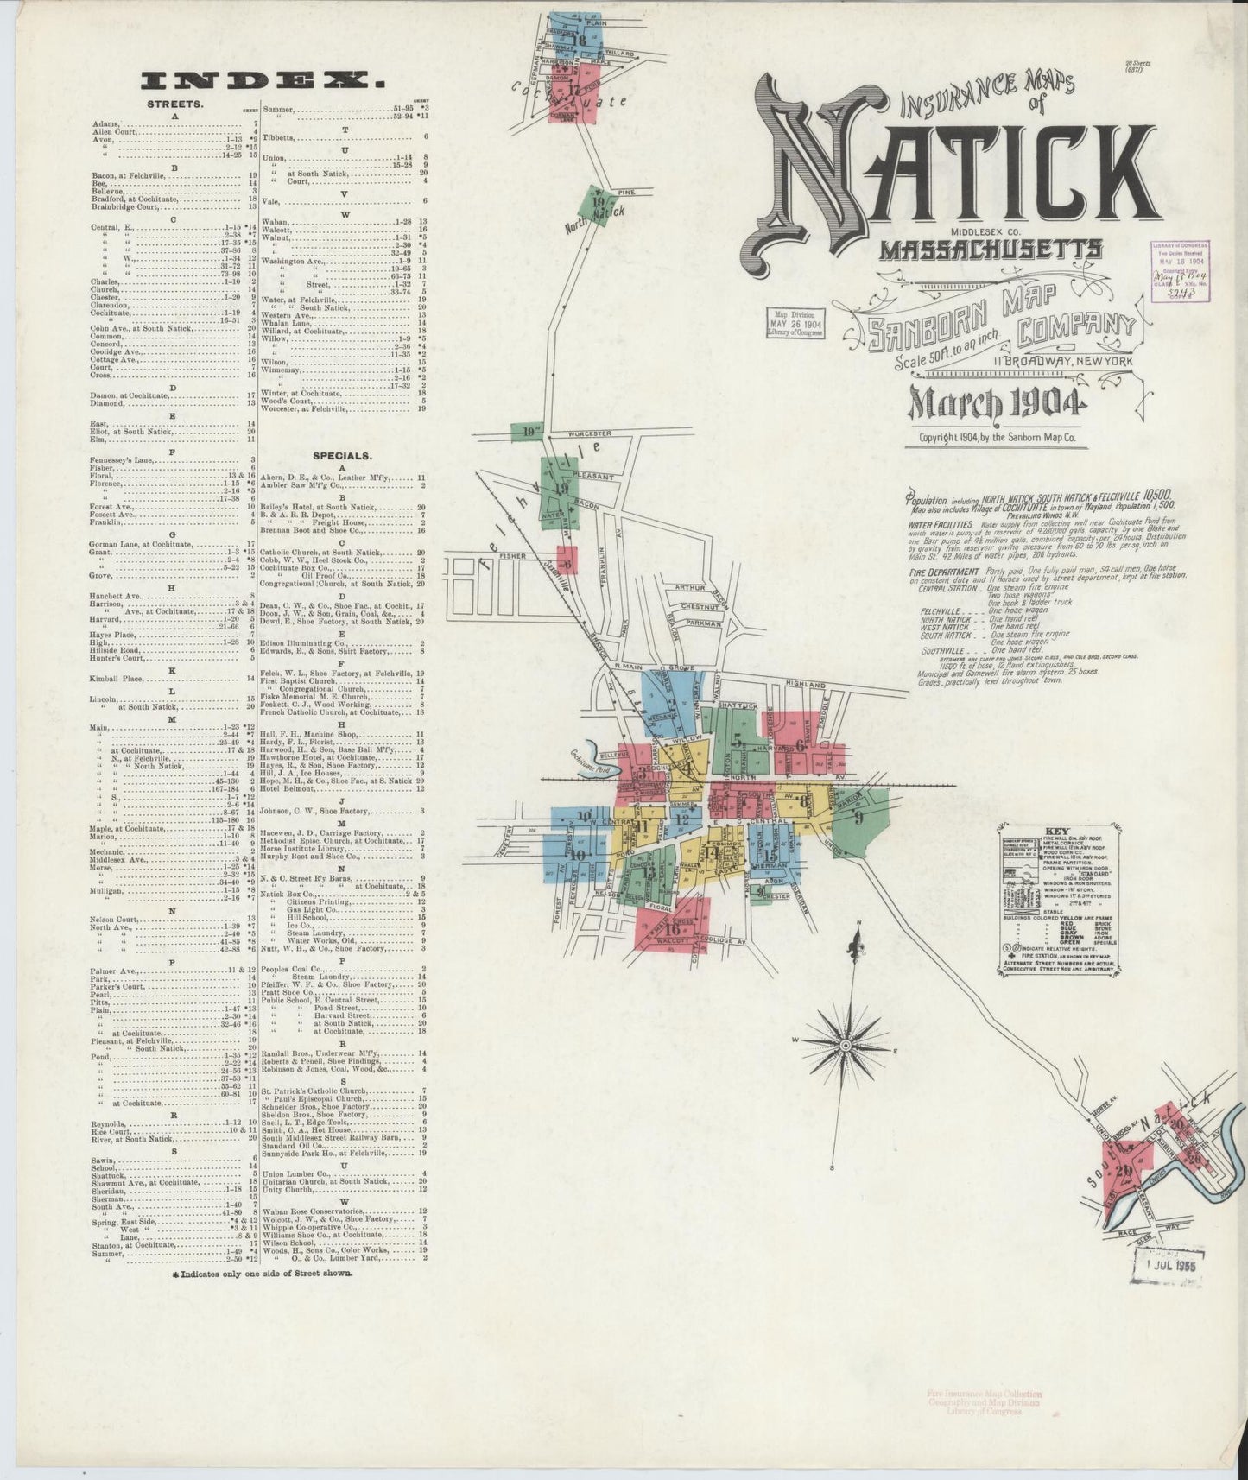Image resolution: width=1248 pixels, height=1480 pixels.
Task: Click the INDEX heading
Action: (263, 81)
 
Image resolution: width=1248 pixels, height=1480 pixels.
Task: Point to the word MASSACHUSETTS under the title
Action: (990, 250)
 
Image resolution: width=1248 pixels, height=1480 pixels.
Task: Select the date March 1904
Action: (994, 403)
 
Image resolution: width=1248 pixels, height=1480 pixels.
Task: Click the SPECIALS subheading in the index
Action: (342, 455)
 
